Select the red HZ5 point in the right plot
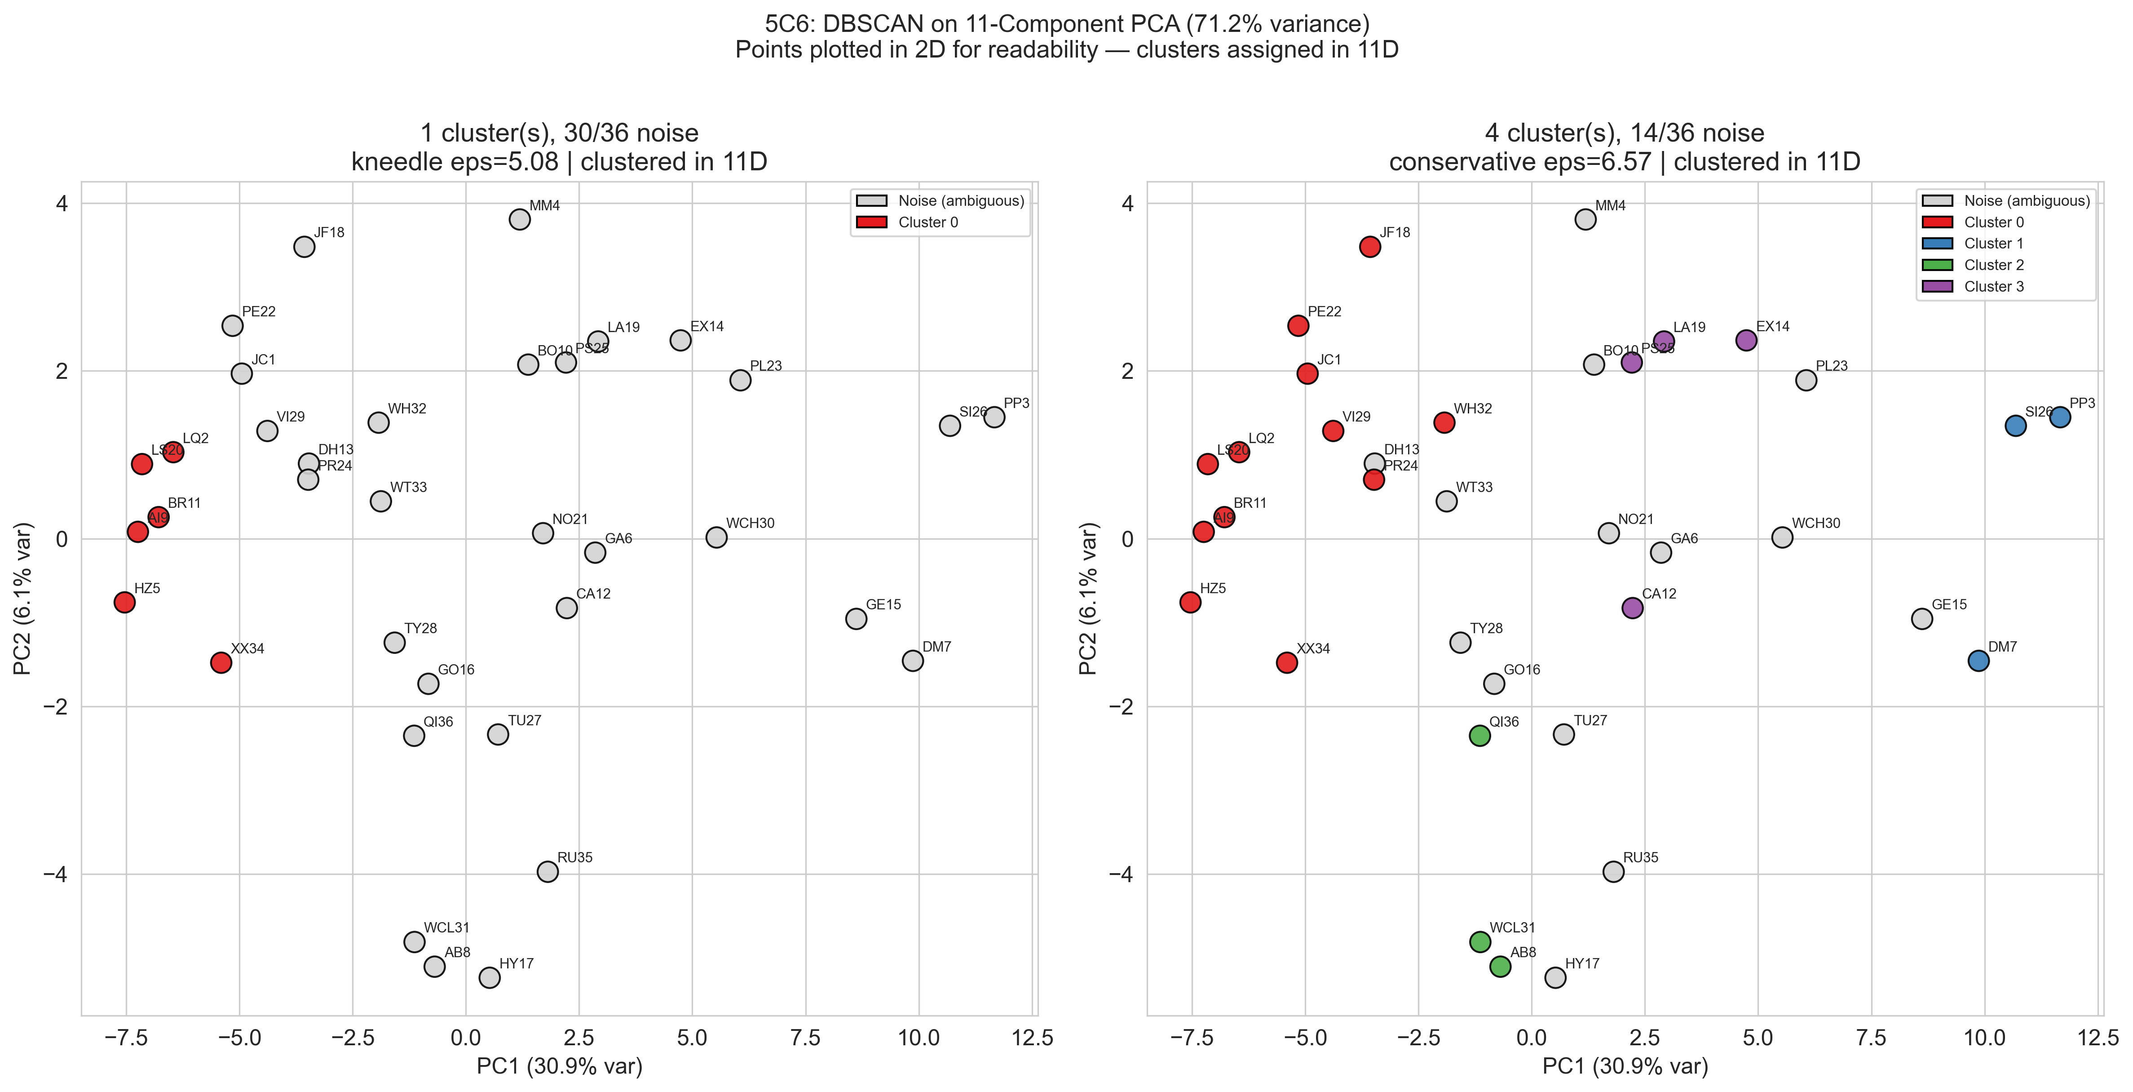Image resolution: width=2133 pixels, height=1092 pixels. (1190, 602)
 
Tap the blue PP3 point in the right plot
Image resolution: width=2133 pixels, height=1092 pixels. (2060, 417)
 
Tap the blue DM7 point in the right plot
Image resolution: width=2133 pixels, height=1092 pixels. (1978, 660)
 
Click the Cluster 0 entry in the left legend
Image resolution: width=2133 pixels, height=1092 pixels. (927, 222)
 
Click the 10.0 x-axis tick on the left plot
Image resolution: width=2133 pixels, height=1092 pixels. (919, 1038)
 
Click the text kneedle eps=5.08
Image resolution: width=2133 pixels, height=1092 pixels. (455, 162)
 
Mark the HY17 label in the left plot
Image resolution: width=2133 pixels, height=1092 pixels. (516, 963)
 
